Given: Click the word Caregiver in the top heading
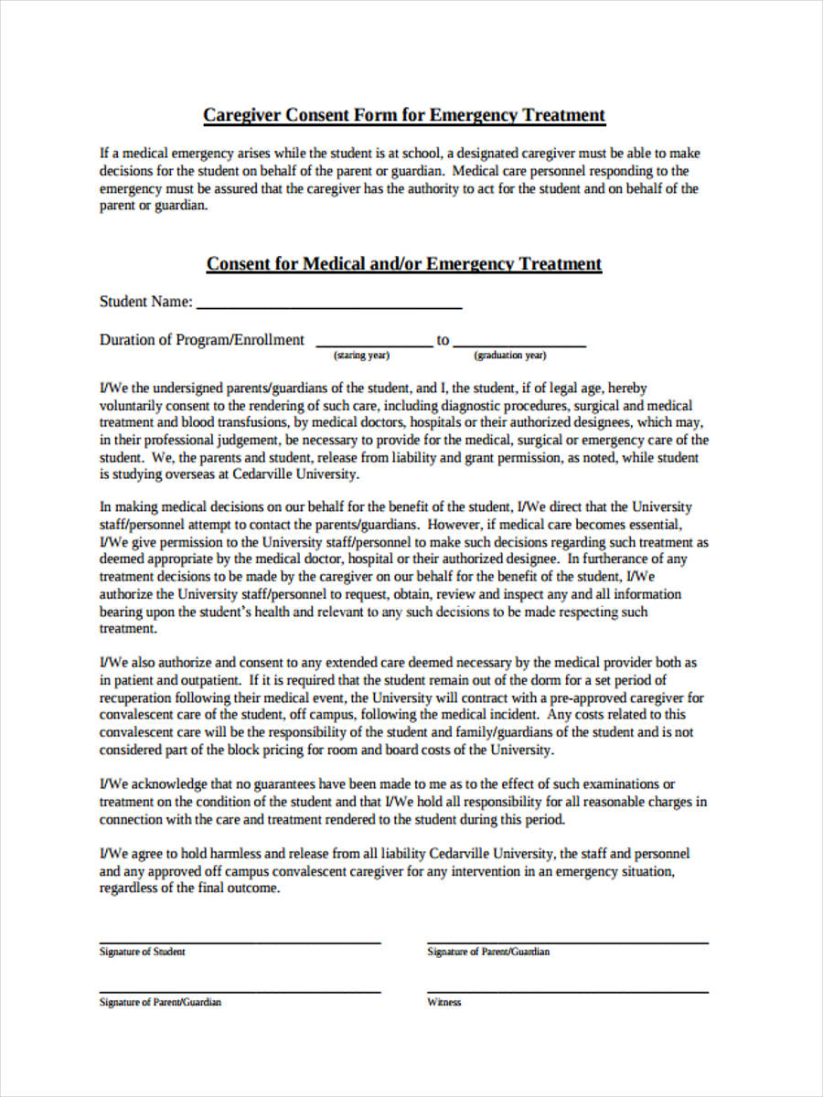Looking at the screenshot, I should click(x=242, y=115).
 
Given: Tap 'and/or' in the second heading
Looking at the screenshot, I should click(x=394, y=264).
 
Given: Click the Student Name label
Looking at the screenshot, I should click(x=145, y=302).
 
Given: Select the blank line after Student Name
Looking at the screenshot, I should click(x=329, y=307).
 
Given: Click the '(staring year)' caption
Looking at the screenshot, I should click(x=362, y=356).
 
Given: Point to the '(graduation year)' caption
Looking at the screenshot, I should click(x=509, y=356).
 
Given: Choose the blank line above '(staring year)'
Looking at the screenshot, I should click(x=374, y=346).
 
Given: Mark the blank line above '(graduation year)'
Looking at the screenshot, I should click(x=519, y=346).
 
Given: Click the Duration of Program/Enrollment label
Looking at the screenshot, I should click(x=201, y=340).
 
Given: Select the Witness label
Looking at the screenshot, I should click(x=444, y=1002).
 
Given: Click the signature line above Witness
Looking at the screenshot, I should click(x=567, y=992).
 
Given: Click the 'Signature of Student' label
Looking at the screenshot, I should click(x=142, y=952).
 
